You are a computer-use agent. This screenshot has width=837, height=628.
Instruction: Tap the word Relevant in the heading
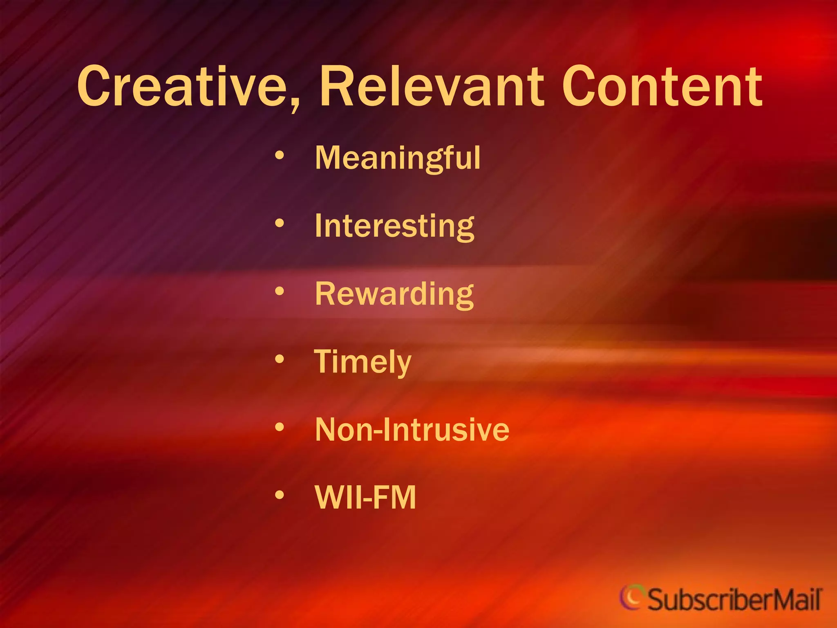click(x=431, y=87)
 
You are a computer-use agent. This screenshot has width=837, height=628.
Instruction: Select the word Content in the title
click(x=662, y=87)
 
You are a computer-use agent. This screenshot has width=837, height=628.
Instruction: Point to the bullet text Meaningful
click(x=398, y=158)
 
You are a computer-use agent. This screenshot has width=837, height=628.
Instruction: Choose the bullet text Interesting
click(x=394, y=226)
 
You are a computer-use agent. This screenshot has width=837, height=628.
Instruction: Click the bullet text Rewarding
click(x=394, y=294)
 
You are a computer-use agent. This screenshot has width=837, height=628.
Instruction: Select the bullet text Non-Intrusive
click(x=412, y=430)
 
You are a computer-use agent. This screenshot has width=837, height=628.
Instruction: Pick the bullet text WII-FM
click(x=365, y=498)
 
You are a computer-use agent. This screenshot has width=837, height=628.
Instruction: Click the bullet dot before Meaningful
click(x=280, y=155)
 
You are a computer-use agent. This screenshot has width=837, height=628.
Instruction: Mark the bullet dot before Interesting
click(x=280, y=223)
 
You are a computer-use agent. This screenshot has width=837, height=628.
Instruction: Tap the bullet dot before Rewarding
click(x=280, y=291)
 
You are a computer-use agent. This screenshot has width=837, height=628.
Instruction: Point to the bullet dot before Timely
click(x=280, y=359)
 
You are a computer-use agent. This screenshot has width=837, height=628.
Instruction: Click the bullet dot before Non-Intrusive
click(x=280, y=427)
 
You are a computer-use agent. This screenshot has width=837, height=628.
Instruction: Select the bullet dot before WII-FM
click(x=280, y=495)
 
